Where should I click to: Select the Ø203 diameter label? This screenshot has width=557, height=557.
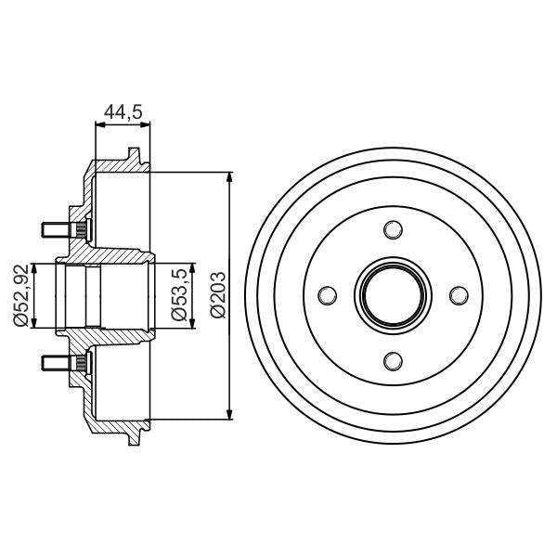pos(216,295)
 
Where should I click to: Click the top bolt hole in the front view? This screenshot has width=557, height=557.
pos(392,229)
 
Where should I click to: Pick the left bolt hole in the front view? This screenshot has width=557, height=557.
pos(326,295)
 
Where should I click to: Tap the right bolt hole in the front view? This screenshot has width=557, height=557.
pos(458,295)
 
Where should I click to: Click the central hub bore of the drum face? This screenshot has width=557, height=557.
pos(392,295)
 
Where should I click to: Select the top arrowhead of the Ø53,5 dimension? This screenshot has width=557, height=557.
pos(193,266)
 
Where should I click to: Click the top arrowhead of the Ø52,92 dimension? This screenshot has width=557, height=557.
pos(35,267)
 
